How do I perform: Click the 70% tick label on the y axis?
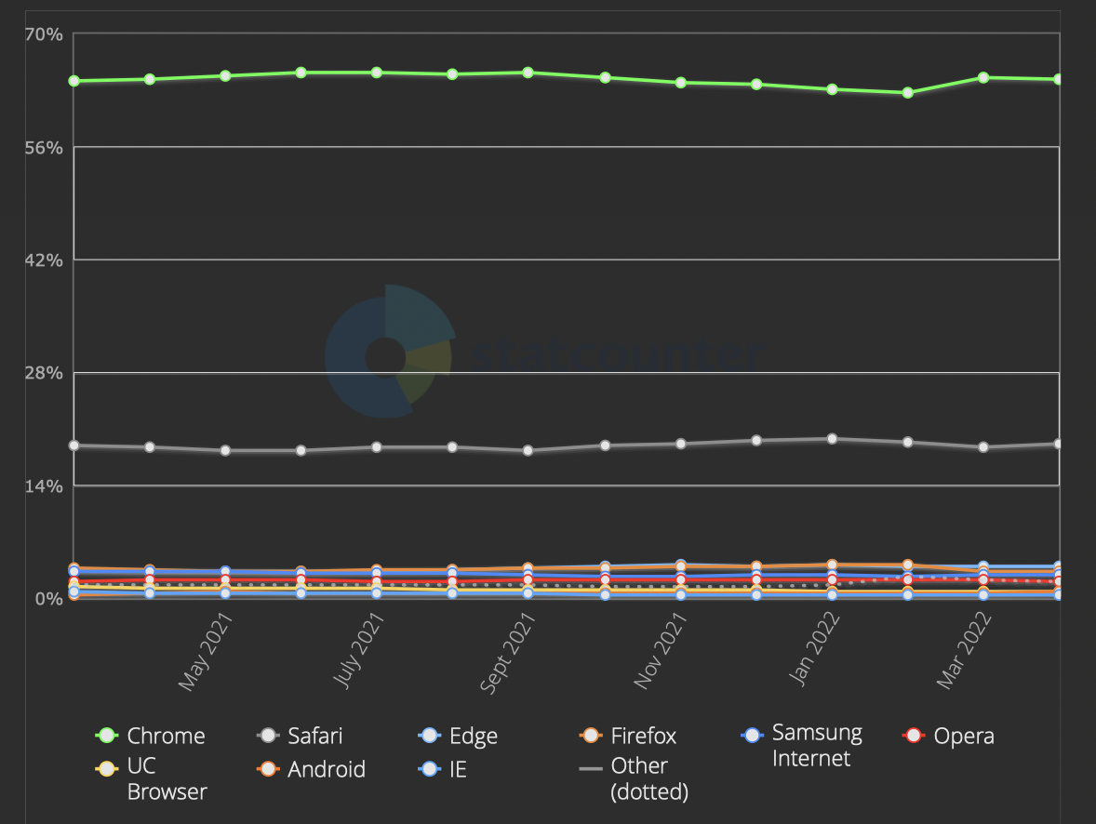tap(44, 34)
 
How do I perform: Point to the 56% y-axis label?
tap(44, 147)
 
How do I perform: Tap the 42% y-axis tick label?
tap(44, 259)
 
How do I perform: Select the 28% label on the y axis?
tap(44, 373)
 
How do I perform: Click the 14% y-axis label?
tap(44, 485)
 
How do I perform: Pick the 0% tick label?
tap(49, 599)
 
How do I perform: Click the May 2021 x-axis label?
tap(207, 657)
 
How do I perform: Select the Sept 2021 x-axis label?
tap(508, 657)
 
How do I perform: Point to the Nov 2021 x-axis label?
tap(662, 656)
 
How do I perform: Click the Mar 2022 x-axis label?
tap(965, 657)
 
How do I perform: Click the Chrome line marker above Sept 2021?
tap(528, 73)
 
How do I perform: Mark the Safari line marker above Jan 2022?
tap(832, 439)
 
